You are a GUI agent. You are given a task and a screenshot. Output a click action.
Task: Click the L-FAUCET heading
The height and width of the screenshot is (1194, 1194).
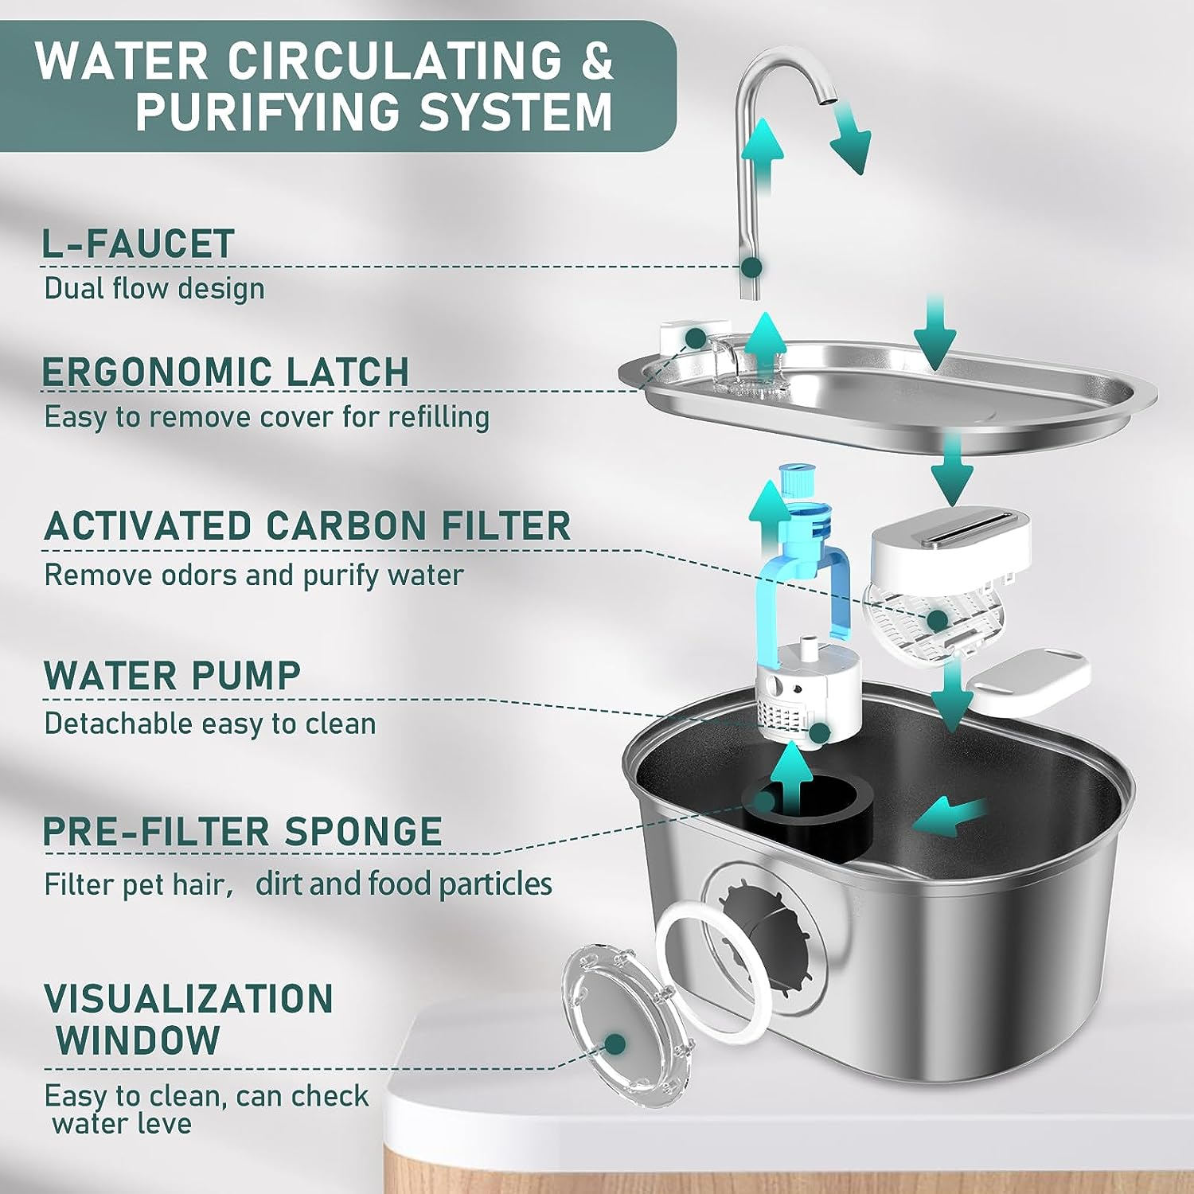138,244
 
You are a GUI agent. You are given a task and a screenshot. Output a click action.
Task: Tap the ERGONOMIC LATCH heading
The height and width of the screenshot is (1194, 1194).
225,372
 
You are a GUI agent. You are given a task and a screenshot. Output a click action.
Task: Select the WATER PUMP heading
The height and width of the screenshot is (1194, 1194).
172,676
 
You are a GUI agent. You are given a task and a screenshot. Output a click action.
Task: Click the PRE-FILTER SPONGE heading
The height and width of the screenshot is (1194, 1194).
242,832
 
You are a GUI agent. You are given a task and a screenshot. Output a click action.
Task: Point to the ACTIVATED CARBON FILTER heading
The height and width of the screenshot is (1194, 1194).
307,526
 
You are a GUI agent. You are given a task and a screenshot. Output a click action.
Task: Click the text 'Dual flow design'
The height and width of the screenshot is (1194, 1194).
154,288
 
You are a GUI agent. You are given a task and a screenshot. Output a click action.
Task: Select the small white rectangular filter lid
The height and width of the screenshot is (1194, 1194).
1027,681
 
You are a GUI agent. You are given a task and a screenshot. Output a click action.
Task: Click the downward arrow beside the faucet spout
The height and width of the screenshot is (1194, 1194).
850,143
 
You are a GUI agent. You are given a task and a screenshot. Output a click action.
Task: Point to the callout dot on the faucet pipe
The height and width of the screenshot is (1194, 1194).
751,267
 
